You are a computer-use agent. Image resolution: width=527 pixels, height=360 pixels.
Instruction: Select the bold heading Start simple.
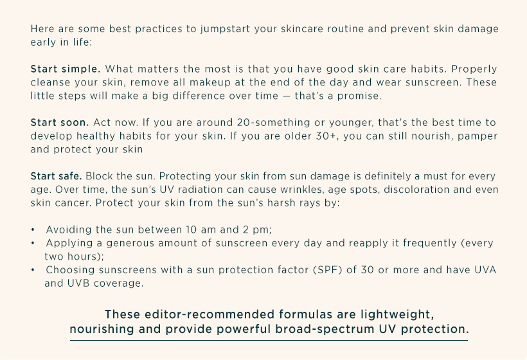66,69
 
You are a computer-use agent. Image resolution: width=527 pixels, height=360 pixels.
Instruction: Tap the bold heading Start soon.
60,122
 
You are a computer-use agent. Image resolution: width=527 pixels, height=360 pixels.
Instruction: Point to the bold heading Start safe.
56,176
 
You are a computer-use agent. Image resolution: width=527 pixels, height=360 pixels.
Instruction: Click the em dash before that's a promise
287,96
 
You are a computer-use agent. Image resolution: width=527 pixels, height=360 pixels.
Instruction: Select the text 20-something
273,123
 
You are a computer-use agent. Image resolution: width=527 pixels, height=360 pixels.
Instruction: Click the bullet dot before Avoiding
33,230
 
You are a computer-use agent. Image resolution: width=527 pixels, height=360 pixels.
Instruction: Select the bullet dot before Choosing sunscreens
33,270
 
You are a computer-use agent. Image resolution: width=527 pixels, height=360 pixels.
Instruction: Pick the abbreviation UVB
78,283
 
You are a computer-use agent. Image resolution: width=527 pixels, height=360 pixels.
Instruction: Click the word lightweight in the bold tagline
397,315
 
